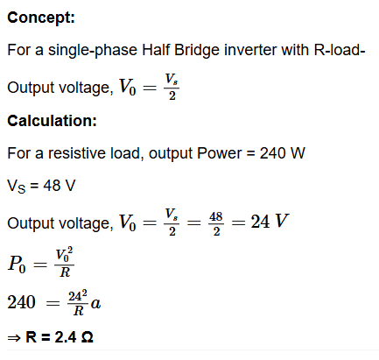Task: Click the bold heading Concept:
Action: point(41,18)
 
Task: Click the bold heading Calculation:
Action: point(52,121)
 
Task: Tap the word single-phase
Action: point(93,50)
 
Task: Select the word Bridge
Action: point(197,50)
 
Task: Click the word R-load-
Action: point(340,50)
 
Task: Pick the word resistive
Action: point(77,153)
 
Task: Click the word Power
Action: point(220,153)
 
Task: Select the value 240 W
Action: point(282,153)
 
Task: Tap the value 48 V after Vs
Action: point(60,186)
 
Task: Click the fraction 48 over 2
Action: point(216,223)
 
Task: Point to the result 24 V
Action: point(270,222)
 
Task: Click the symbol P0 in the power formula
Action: point(17,265)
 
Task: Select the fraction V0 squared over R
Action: point(65,263)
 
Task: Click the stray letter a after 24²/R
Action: point(95,303)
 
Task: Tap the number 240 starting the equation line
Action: point(21,302)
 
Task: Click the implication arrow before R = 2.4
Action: point(14,338)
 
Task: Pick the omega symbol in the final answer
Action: point(87,337)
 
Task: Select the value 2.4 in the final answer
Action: point(66,337)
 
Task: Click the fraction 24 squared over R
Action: point(78,303)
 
